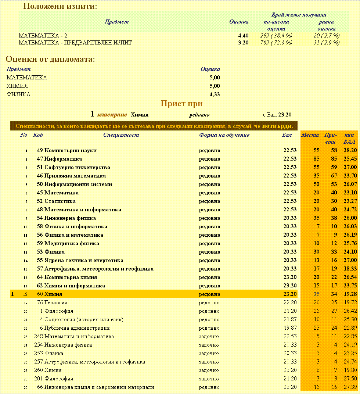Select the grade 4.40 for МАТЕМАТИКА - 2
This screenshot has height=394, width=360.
click(x=243, y=36)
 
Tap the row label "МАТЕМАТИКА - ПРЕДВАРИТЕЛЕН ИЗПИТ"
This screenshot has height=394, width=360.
click(x=75, y=43)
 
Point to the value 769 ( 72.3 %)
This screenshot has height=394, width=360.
click(x=276, y=43)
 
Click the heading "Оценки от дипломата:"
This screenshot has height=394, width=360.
click(x=50, y=59)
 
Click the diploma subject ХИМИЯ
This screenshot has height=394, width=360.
click(x=17, y=86)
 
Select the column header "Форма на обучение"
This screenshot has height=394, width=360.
click(x=224, y=135)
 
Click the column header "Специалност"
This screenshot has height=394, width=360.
click(x=121, y=135)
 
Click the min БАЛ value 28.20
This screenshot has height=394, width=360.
click(x=350, y=150)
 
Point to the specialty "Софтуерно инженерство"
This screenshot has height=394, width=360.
click(x=77, y=167)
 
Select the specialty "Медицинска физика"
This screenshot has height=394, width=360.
click(x=72, y=243)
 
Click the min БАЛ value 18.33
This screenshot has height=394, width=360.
click(x=350, y=269)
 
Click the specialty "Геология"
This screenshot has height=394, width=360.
click(x=56, y=302)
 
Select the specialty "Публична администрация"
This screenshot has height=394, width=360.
click(x=77, y=328)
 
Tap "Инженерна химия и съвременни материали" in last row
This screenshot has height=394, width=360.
click(x=99, y=387)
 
